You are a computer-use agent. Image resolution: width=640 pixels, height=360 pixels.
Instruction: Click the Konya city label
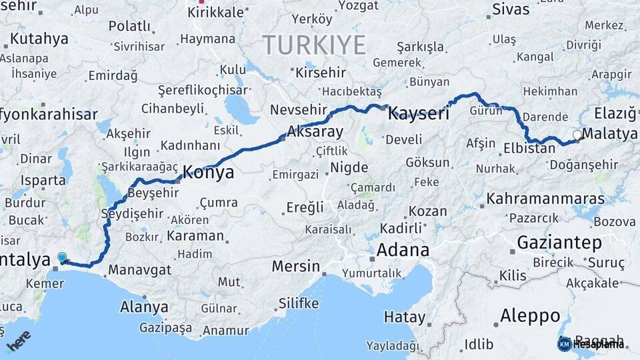tap(208, 173)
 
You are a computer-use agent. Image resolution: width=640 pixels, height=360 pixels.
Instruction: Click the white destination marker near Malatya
tap(577, 134)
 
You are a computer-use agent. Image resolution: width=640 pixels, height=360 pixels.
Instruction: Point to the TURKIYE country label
tap(314, 45)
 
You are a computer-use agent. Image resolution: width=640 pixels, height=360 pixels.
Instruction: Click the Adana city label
tap(403, 250)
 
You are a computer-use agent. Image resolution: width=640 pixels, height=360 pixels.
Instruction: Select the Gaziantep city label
tap(559, 243)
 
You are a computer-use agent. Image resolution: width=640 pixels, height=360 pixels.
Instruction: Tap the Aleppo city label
tap(530, 315)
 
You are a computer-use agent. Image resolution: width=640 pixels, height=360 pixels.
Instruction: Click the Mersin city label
tap(296, 267)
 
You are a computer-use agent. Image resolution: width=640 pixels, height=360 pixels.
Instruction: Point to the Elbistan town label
tap(529, 148)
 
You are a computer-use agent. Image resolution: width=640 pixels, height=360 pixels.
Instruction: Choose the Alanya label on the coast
tap(144, 307)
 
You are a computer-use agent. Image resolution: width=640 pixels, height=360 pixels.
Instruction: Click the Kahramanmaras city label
tap(545, 199)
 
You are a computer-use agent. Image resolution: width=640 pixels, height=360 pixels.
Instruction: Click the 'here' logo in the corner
tap(19, 341)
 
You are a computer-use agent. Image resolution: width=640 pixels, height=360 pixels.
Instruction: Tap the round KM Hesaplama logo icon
tap(565, 344)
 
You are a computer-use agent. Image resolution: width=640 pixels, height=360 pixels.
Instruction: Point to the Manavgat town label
tap(139, 270)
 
